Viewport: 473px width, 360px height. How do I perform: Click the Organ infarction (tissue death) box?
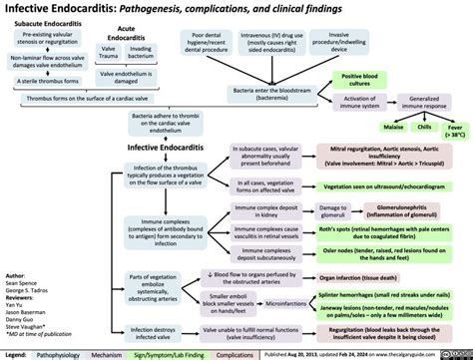point(368,277)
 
